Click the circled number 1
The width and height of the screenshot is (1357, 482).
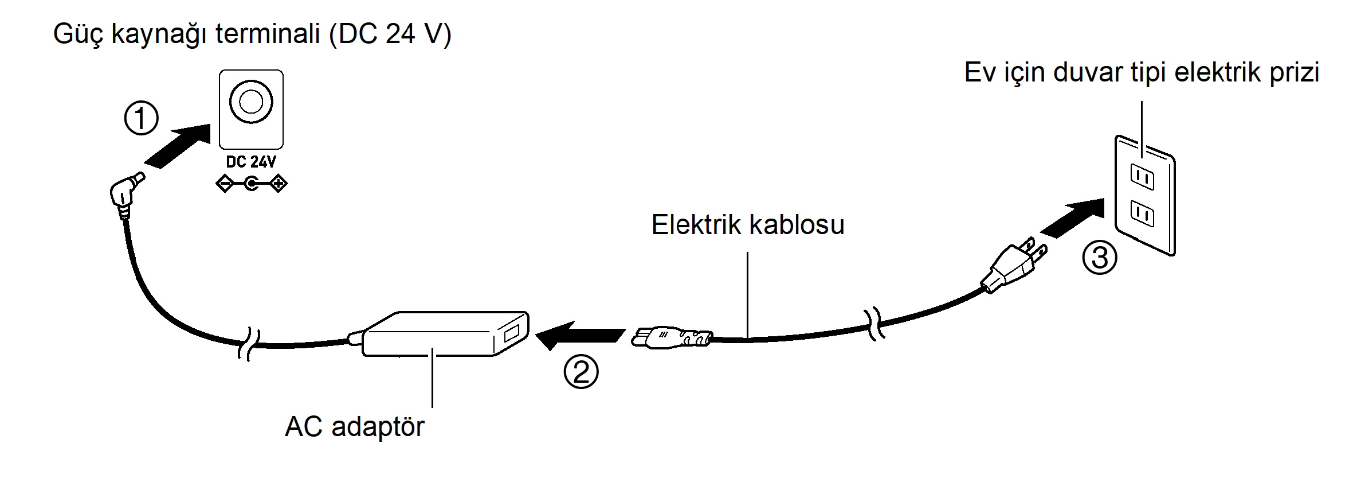[x=141, y=119]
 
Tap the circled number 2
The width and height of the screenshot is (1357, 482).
[x=581, y=372]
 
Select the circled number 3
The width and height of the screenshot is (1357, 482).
[x=1099, y=257]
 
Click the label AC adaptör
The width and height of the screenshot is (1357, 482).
[x=354, y=427]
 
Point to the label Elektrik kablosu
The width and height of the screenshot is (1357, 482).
[x=747, y=225]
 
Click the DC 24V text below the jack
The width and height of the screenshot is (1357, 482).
[x=251, y=162]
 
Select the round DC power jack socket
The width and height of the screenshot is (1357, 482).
[x=251, y=102]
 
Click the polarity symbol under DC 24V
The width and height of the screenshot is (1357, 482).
[x=251, y=184]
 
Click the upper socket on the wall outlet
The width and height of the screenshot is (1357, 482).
[x=1142, y=178]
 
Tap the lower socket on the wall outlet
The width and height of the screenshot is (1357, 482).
[x=1142, y=215]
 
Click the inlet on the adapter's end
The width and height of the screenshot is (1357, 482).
[x=510, y=334]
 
